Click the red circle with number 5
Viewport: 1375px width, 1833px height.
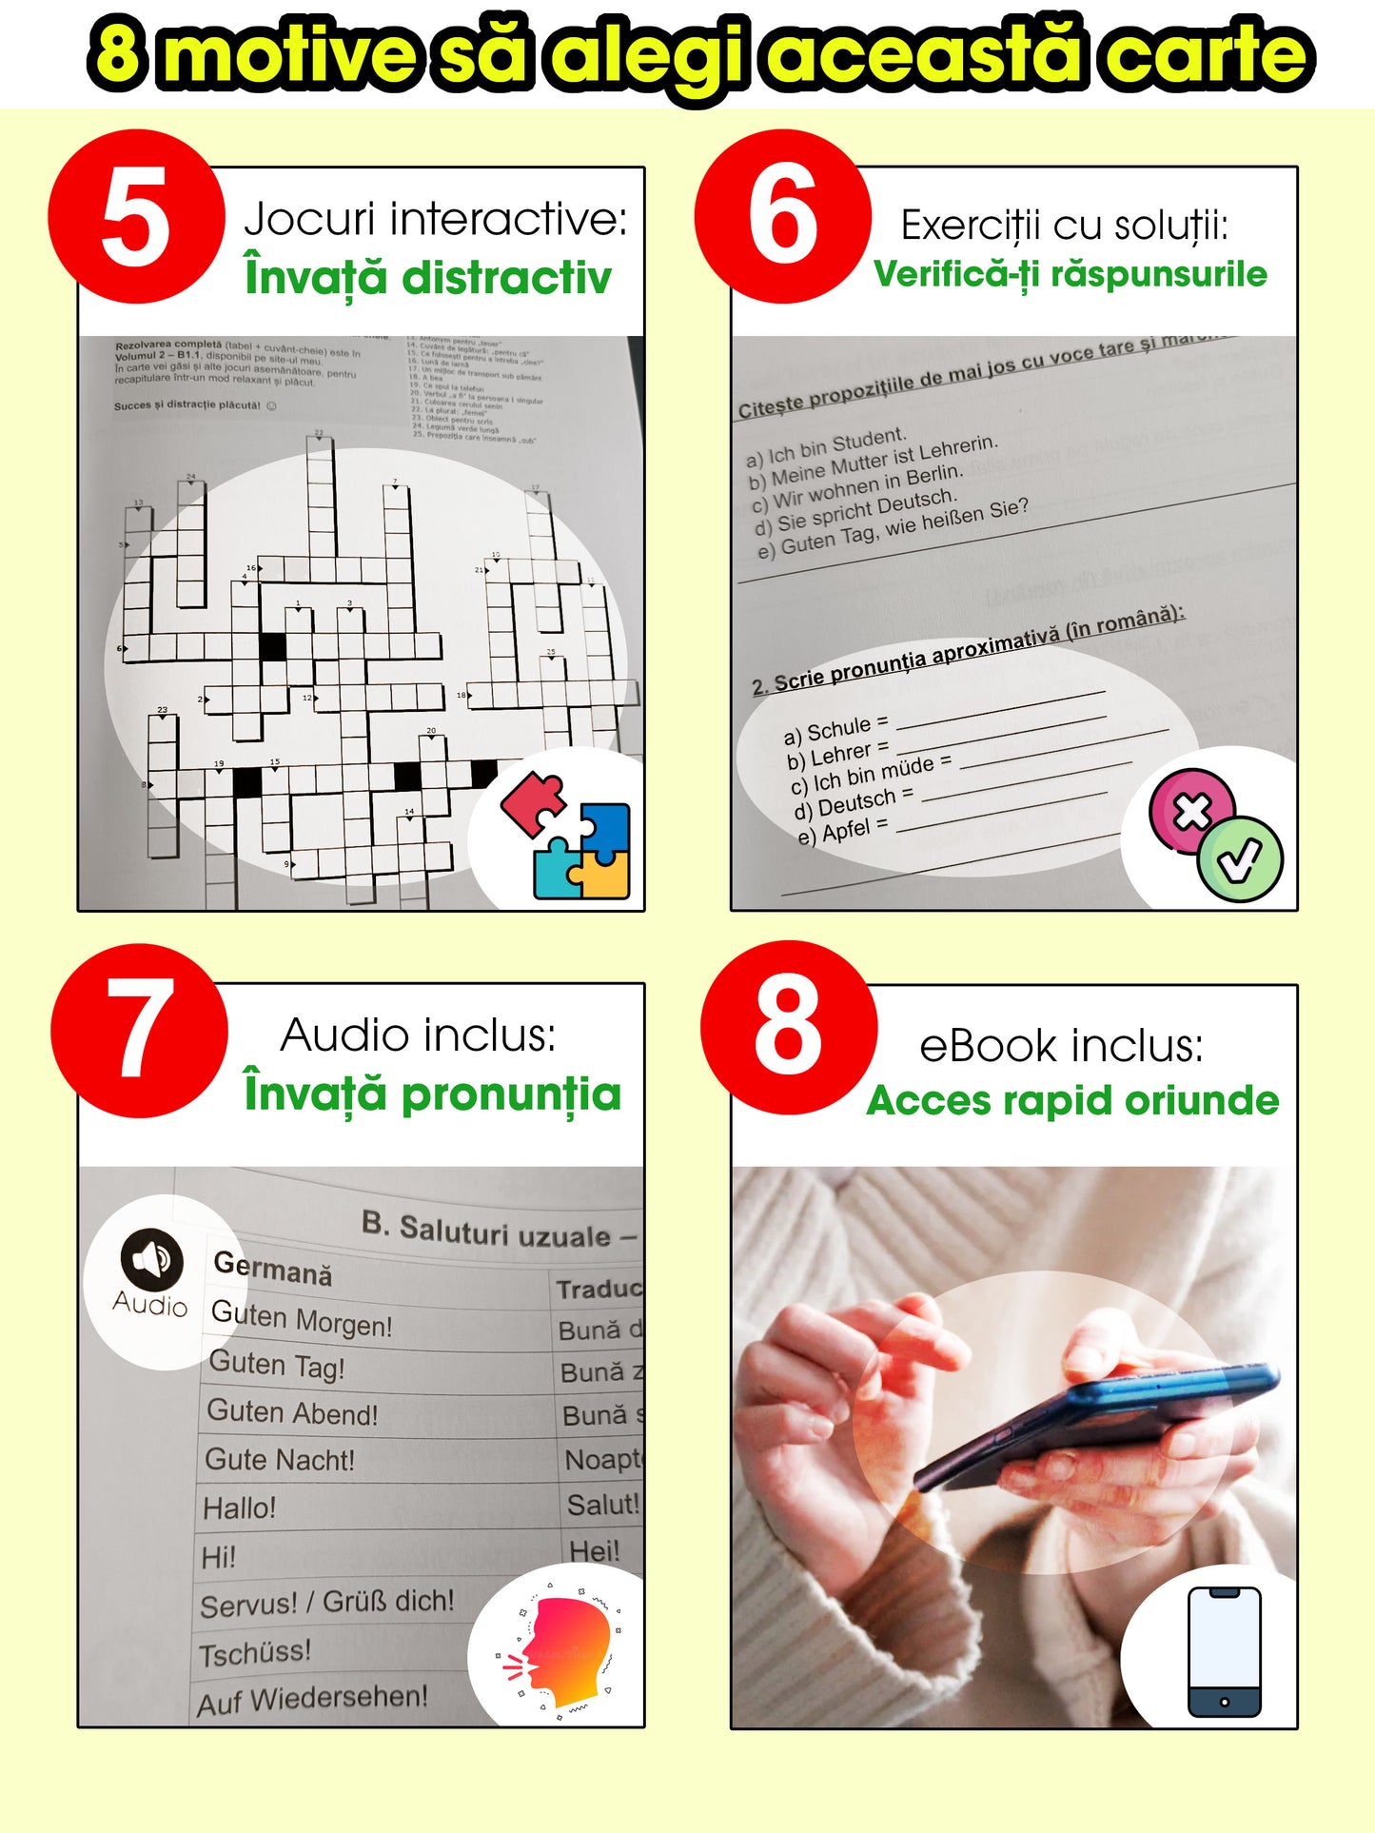(136, 217)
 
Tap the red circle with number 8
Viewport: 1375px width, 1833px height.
(788, 1028)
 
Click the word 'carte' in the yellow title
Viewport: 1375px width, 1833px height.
(1208, 54)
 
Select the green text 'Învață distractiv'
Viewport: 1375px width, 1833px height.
(427, 278)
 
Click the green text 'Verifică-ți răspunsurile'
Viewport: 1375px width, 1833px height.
(1071, 275)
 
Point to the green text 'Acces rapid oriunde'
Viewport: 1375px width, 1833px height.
(1072, 1101)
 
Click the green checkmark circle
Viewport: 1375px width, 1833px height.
(1240, 860)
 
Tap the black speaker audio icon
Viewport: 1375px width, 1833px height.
(151, 1258)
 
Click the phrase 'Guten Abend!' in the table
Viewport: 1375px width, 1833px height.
(293, 1413)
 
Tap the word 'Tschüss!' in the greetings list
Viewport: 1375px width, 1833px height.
(255, 1652)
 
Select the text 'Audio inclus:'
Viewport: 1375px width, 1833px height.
(418, 1035)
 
